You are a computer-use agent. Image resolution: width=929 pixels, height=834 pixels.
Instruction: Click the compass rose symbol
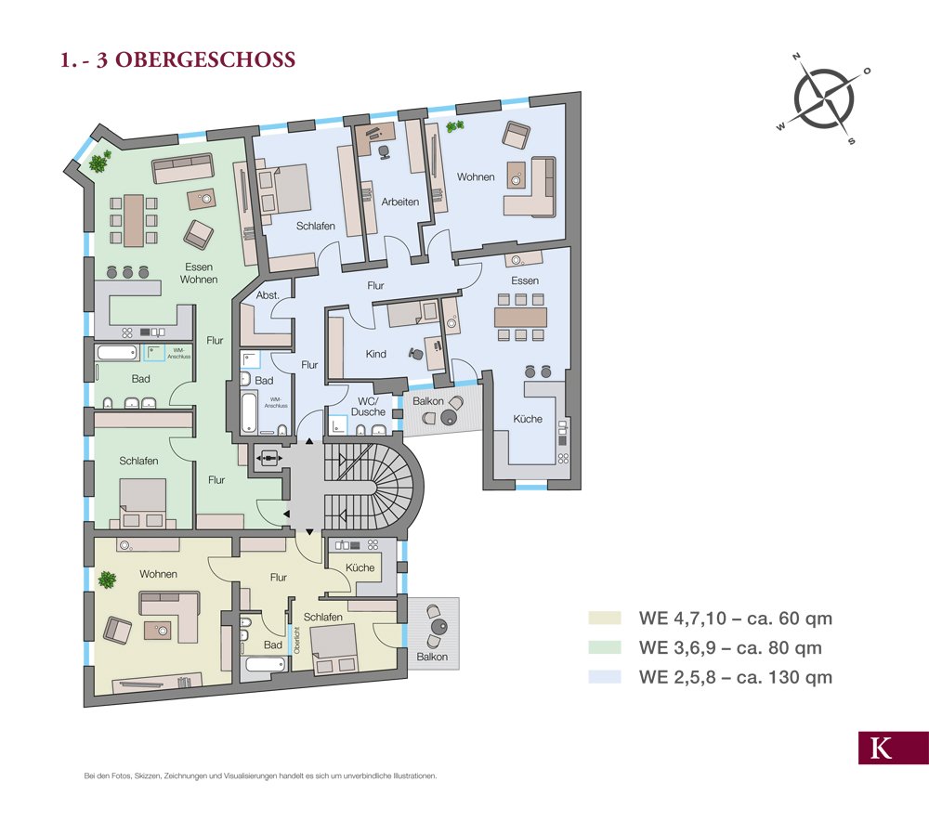822,99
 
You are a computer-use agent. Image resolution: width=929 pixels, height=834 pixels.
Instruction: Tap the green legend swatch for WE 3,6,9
604,647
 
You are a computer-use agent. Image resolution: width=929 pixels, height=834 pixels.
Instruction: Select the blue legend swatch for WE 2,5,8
604,677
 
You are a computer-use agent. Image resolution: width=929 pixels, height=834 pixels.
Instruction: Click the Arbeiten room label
399,202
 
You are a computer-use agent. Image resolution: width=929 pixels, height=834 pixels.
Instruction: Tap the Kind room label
375,354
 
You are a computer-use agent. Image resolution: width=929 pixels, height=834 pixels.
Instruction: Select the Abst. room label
268,295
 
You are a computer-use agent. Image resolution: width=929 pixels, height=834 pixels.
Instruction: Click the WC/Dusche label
369,405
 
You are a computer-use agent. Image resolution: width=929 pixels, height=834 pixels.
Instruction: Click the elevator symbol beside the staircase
270,458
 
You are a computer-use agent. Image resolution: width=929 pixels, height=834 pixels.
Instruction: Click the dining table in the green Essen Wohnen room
133,219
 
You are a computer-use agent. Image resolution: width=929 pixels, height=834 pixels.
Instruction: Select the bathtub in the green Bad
116,353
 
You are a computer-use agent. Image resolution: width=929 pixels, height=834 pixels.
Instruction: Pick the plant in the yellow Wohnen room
108,580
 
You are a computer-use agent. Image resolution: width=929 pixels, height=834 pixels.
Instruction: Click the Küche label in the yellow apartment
360,567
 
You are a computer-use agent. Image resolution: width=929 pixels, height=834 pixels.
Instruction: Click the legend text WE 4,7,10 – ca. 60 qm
735,618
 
